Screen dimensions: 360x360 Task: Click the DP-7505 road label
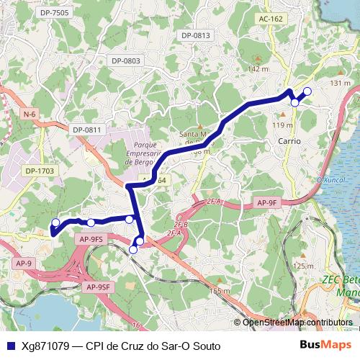[55, 12]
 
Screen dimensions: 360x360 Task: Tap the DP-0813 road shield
[195, 35]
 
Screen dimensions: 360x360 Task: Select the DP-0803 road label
[125, 60]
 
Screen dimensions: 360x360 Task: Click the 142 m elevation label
[258, 69]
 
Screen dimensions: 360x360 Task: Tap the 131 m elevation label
[340, 84]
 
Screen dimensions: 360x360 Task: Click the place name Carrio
[289, 141]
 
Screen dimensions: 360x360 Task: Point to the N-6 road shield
[30, 114]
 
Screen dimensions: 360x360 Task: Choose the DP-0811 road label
[88, 130]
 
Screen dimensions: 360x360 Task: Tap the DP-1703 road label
[39, 171]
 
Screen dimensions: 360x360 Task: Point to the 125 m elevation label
[305, 266]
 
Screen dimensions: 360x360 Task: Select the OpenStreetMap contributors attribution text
[297, 323]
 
